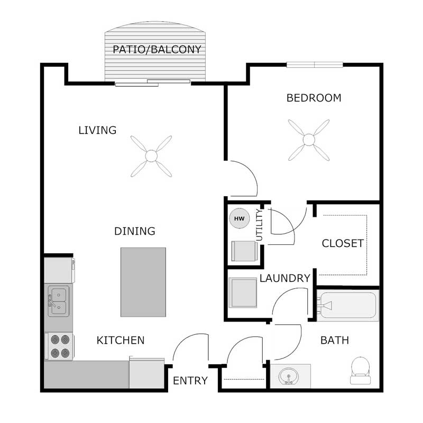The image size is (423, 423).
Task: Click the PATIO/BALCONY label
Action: (x=157, y=50)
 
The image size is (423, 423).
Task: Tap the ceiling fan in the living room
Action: (x=151, y=156)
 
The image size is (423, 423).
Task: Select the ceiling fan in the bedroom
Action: (x=309, y=140)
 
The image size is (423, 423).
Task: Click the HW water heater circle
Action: (x=239, y=218)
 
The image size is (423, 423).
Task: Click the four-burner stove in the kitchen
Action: (x=58, y=346)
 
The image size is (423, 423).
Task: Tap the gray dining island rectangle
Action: (x=143, y=282)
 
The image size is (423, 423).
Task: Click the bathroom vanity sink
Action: (x=289, y=376)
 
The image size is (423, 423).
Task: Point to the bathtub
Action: (x=347, y=306)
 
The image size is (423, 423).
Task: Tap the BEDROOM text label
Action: (x=314, y=98)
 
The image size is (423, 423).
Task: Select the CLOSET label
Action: (x=343, y=244)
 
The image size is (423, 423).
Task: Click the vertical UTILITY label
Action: (x=259, y=225)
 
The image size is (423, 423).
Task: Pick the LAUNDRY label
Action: (x=284, y=279)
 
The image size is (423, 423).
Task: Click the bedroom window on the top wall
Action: (x=315, y=65)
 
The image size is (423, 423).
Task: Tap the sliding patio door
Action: (x=153, y=82)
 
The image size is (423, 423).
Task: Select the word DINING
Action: (x=135, y=232)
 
